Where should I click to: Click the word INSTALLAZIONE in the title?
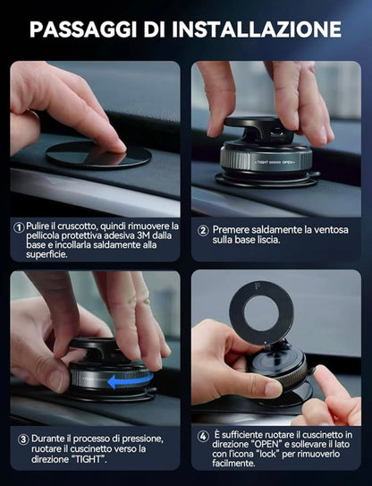click(258, 29)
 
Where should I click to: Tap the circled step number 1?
click(18, 227)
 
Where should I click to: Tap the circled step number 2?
click(204, 230)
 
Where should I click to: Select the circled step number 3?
click(23, 439)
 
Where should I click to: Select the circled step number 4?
click(204, 435)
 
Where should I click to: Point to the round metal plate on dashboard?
click(98, 154)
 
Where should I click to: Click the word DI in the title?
click(156, 29)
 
